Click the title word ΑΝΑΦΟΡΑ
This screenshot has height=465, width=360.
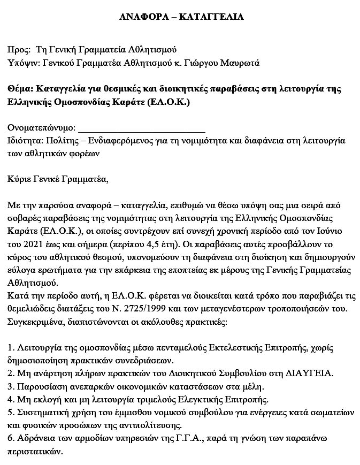pyautogui.click(x=143, y=17)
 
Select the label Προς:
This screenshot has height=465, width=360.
pyautogui.click(x=19, y=50)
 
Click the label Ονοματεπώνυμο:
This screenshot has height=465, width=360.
pyautogui.click(x=42, y=128)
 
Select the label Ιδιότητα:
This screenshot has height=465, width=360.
pyautogui.click(x=26, y=141)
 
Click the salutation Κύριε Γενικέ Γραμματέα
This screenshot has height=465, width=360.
pyautogui.click(x=58, y=179)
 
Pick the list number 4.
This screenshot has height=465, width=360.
pyautogui.click(x=11, y=400)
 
